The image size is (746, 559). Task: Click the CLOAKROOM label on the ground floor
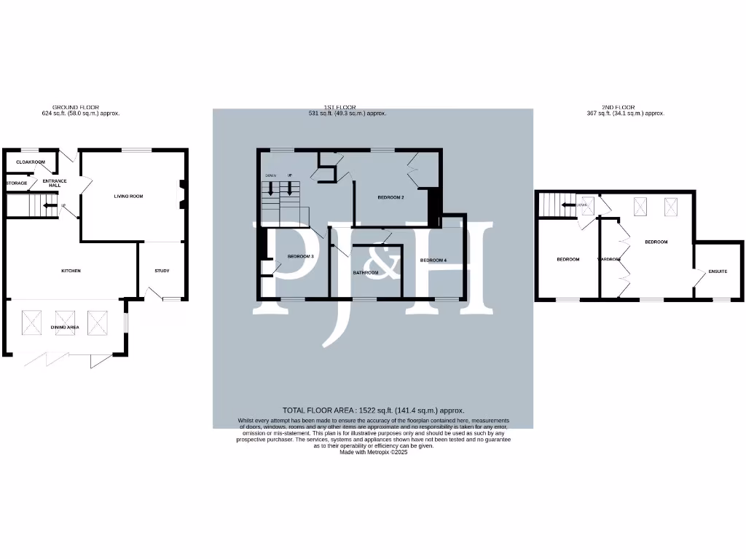pos(31,162)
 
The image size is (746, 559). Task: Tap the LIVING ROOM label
pos(127,196)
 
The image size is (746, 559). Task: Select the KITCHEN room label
pos(71,271)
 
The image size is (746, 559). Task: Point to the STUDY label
pos(162,271)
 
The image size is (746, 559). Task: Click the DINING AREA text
pos(65,328)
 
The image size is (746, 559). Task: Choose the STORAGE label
pos(16,183)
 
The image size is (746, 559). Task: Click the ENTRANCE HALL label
pos(55,183)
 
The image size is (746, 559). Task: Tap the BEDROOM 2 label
pos(390,197)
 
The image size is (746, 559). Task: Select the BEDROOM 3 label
pos(300,256)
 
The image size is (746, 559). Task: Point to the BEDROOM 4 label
pos(433,260)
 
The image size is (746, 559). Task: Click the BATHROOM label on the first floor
pos(366,272)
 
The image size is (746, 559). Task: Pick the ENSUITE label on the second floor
pos(718,271)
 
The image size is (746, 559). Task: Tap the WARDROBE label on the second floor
pos(609,259)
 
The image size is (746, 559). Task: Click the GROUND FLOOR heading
pos(76,107)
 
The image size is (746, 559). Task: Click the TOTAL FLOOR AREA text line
pos(373,411)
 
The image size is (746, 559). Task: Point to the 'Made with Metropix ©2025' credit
pos(373,452)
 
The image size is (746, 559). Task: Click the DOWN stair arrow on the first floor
pos(271,188)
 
